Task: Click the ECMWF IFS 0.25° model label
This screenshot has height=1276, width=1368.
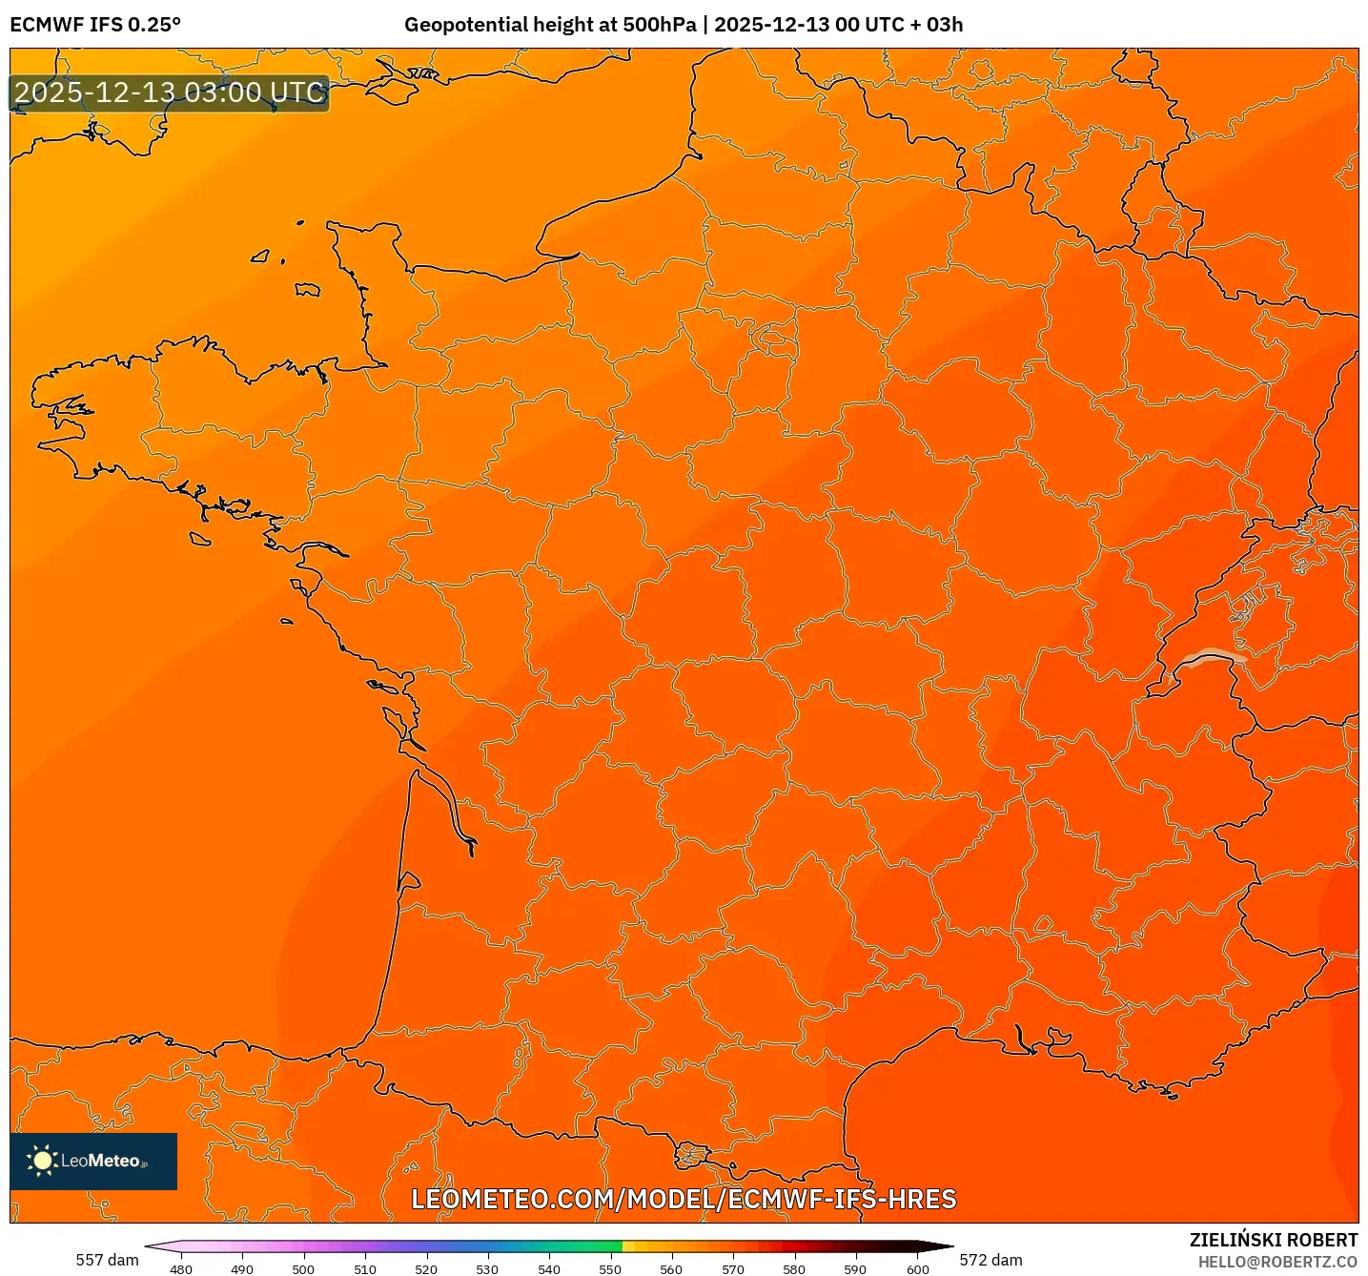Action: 95,25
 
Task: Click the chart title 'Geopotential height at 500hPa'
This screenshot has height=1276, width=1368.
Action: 550,25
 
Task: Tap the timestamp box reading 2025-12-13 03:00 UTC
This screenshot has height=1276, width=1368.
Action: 170,93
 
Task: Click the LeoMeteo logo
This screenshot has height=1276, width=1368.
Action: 93,1161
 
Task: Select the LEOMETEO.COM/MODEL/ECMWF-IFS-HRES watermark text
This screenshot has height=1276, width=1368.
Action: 684,1199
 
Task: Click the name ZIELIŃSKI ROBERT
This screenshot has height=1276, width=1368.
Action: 1273,1240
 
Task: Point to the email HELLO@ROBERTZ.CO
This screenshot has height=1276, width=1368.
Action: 1277,1262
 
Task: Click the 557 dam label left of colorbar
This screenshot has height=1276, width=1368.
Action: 107,1260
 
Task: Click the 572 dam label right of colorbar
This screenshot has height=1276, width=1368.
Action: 990,1260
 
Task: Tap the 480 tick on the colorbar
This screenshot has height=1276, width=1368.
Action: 181,1268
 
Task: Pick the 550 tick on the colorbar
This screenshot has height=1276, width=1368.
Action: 610,1268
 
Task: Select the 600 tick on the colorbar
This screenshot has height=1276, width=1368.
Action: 917,1268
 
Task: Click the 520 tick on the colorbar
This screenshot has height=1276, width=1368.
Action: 426,1268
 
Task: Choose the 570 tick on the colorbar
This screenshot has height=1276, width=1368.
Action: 733,1268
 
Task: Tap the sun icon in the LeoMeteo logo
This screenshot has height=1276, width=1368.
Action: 42,1161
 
